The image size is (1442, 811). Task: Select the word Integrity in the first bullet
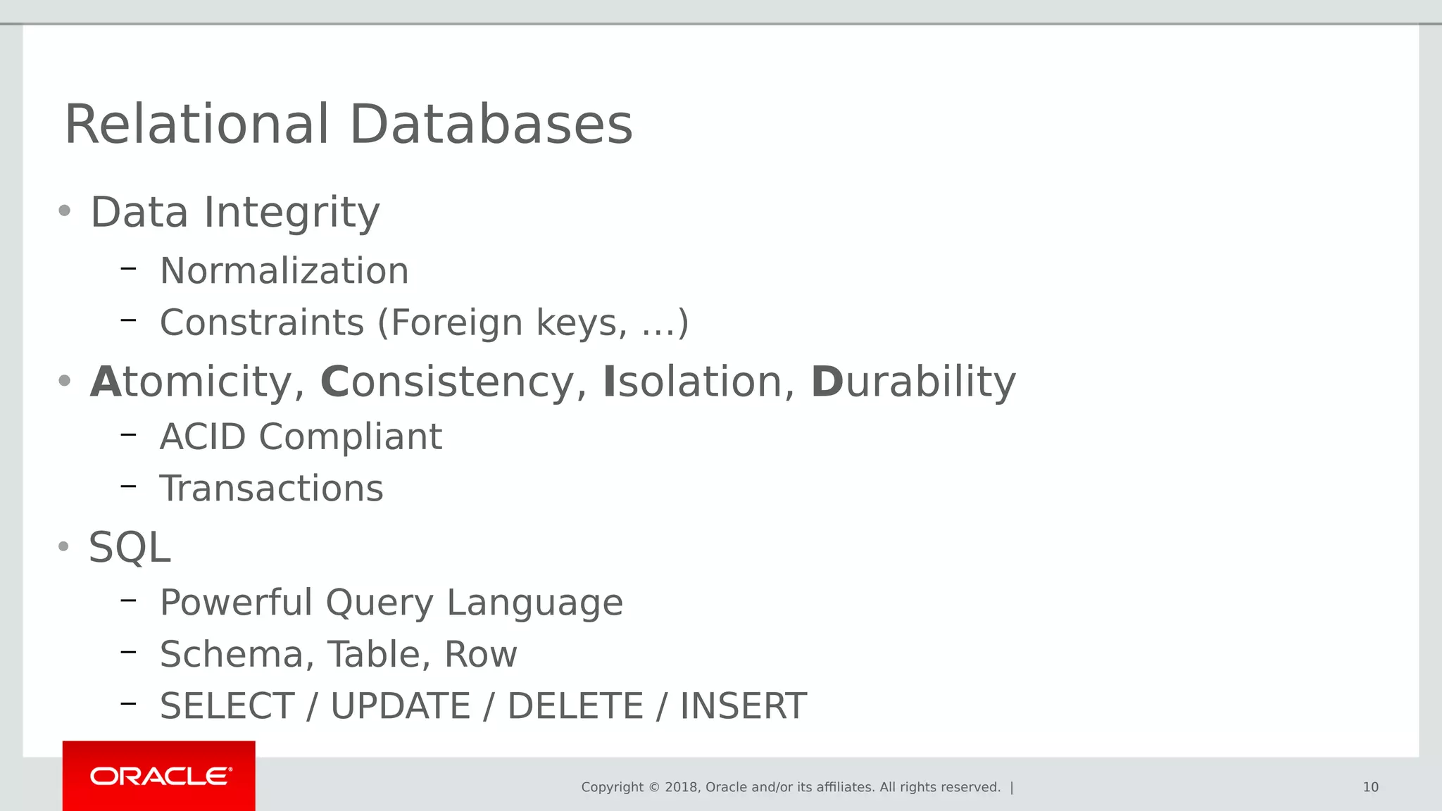click(x=291, y=213)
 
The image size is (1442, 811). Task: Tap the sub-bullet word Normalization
click(x=284, y=271)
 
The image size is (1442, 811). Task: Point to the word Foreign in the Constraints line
click(x=456, y=323)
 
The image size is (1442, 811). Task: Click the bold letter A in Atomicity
click(x=106, y=382)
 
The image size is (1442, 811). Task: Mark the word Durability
click(x=913, y=382)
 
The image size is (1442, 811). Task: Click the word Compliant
click(x=350, y=437)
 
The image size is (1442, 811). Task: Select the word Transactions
click(x=272, y=489)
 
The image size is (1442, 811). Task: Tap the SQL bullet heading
click(x=130, y=548)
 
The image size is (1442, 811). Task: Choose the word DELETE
click(x=575, y=706)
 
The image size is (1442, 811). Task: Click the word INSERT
click(x=743, y=706)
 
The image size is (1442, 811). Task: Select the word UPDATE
click(x=400, y=706)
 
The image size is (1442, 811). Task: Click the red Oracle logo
click(x=159, y=776)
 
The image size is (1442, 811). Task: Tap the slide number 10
click(x=1370, y=787)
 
